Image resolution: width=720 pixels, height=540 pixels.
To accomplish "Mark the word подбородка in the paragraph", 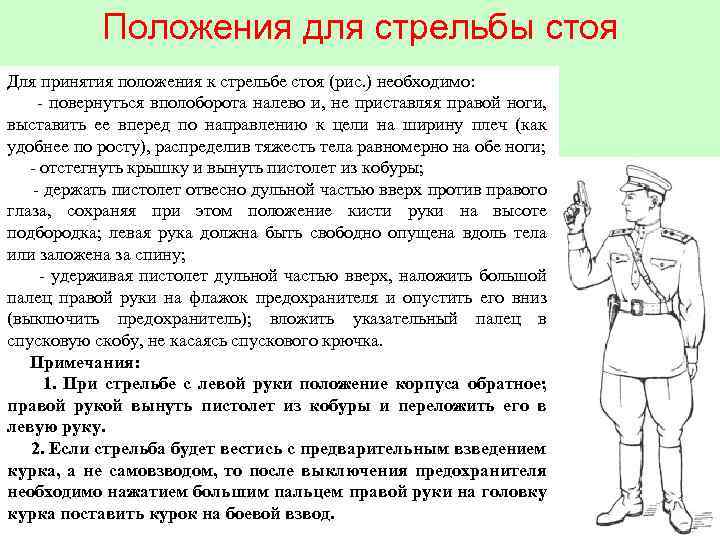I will (52, 232).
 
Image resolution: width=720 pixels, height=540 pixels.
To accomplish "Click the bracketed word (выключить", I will (50, 319).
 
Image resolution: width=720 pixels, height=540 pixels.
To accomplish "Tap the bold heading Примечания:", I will (84, 362).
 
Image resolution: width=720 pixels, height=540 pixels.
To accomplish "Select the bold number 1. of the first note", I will (50, 384).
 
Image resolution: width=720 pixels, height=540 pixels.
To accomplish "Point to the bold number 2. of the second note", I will (39, 448).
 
